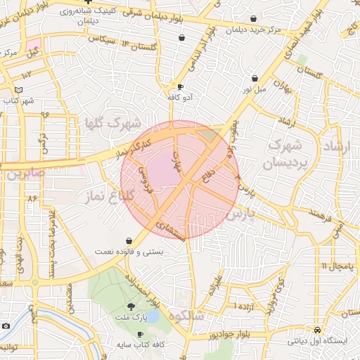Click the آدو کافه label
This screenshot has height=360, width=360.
tap(180, 97)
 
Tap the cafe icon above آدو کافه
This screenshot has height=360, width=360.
tap(181, 87)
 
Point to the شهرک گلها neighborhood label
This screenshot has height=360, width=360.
tap(112, 122)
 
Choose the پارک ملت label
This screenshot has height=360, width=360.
tap(131, 316)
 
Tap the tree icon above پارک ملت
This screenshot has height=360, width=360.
tap(131, 307)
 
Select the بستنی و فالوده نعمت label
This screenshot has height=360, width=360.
tap(129, 250)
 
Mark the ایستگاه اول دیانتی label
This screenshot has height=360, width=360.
tap(317, 340)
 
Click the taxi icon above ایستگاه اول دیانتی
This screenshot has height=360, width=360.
tap(318, 330)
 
